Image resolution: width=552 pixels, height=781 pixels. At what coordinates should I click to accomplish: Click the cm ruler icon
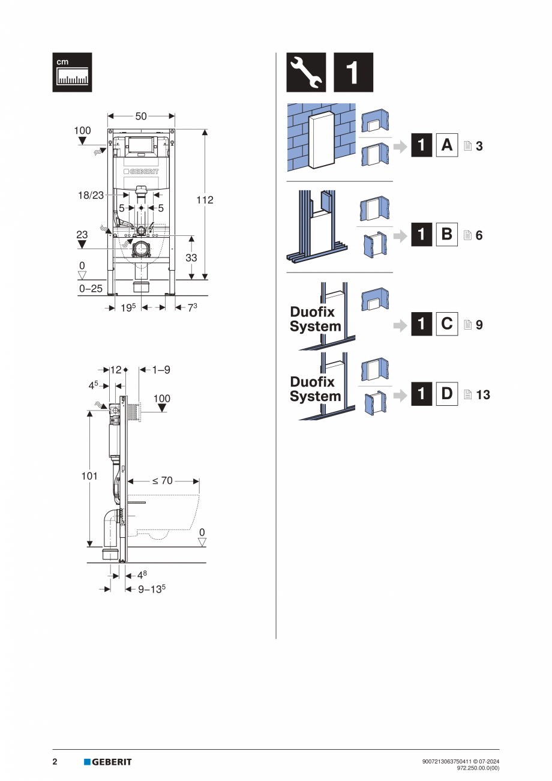click(72, 72)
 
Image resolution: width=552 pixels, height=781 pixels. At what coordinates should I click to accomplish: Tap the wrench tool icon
click(306, 72)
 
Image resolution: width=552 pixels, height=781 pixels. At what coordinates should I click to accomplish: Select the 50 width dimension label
click(140, 116)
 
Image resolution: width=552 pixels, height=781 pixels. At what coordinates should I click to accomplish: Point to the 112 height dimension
click(205, 200)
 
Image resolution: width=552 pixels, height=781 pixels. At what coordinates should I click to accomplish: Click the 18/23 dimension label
click(90, 195)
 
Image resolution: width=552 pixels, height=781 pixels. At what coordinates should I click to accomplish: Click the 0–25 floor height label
click(91, 289)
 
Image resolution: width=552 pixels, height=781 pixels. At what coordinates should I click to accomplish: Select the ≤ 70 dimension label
click(162, 480)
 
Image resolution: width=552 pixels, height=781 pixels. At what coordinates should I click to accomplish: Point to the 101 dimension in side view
click(89, 476)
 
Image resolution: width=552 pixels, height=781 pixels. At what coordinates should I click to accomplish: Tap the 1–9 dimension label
click(161, 370)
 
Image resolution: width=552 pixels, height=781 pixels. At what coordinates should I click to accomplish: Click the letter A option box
click(446, 145)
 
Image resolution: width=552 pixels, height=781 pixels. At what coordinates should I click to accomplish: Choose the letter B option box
click(446, 235)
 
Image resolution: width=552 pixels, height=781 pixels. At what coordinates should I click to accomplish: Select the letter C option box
click(446, 324)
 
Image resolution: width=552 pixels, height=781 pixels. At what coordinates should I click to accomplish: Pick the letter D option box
click(446, 394)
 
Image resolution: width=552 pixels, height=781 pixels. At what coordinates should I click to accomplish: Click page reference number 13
click(482, 395)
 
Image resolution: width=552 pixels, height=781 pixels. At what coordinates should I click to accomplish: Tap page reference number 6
click(479, 236)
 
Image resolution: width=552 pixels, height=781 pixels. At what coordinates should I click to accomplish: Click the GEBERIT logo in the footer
click(108, 762)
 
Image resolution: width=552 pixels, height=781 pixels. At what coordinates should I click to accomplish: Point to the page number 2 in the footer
click(55, 762)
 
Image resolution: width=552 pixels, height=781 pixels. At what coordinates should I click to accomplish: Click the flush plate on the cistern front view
click(141, 145)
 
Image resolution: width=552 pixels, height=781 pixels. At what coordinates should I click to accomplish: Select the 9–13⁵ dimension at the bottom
click(152, 590)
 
